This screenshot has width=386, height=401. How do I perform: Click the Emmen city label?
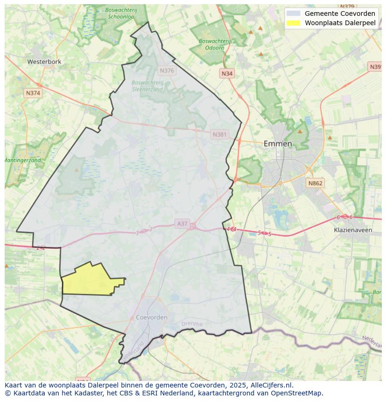(x=278, y=143)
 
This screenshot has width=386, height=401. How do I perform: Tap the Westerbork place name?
(x=44, y=61)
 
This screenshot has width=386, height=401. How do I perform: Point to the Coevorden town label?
(x=152, y=317)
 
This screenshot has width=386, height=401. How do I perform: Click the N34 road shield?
(x=227, y=74)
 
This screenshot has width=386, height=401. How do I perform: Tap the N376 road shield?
(x=166, y=71)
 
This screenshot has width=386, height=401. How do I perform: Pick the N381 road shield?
(x=220, y=135)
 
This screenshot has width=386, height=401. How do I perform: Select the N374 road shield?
(x=33, y=93)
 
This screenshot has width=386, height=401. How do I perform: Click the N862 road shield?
(x=315, y=184)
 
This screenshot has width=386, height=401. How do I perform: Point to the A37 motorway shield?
(x=182, y=224)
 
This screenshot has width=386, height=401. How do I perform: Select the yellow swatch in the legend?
(x=293, y=23)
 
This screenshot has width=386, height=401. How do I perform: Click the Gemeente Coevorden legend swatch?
(x=293, y=14)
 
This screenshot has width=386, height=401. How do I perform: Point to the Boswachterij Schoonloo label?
(x=121, y=13)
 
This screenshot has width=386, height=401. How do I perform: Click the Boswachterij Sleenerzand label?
(x=147, y=86)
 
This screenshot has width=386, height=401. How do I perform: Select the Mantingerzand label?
(x=22, y=160)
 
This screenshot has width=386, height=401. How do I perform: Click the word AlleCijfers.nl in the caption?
(x=270, y=385)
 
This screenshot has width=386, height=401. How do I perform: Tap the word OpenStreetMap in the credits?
(x=298, y=393)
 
